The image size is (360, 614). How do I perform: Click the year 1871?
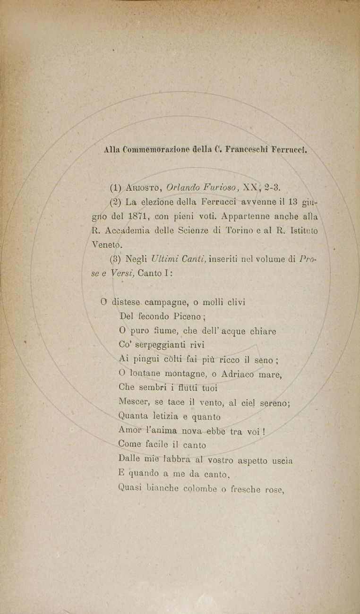138,217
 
